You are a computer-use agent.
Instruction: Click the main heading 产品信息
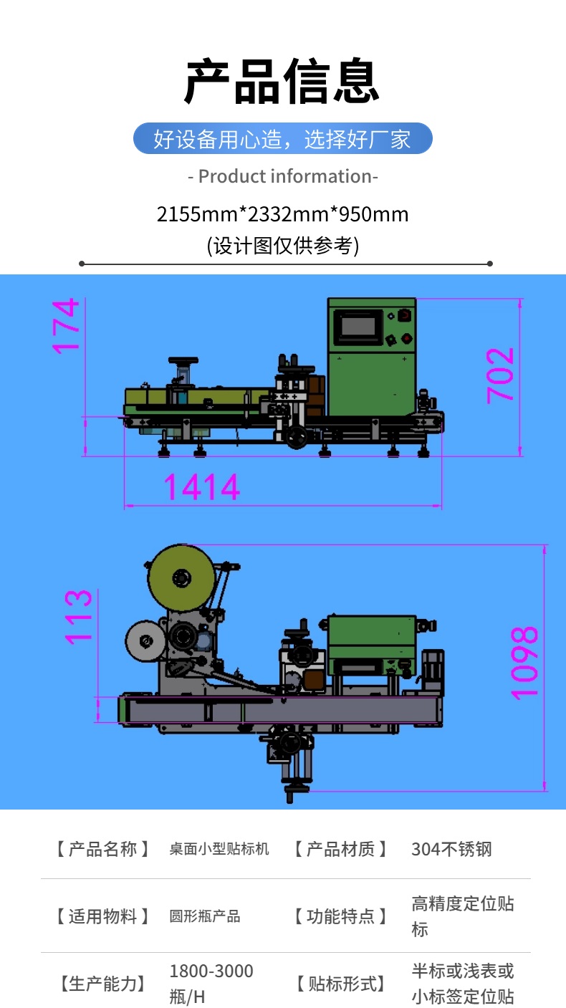282,81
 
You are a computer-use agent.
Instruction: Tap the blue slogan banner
282,138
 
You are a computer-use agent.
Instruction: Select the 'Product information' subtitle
282,176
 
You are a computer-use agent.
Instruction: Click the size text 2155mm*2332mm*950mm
282,214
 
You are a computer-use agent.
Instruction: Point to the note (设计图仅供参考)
282,246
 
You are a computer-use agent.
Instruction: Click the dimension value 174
66,326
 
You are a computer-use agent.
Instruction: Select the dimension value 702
500,375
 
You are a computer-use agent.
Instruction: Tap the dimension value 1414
201,487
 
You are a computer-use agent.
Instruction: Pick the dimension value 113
78,617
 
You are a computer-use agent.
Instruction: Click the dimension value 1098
524,663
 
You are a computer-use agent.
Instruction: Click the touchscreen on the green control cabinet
358,327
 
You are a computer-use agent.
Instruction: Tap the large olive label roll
181,578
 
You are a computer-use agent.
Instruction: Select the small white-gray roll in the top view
145,641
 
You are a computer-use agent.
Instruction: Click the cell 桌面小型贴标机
219,849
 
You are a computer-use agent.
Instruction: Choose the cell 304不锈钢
451,849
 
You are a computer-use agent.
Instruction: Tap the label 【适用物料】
102,916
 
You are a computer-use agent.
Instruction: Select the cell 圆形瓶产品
205,916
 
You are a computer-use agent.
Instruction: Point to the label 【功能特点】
340,916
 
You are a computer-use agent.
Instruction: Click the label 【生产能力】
102,984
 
